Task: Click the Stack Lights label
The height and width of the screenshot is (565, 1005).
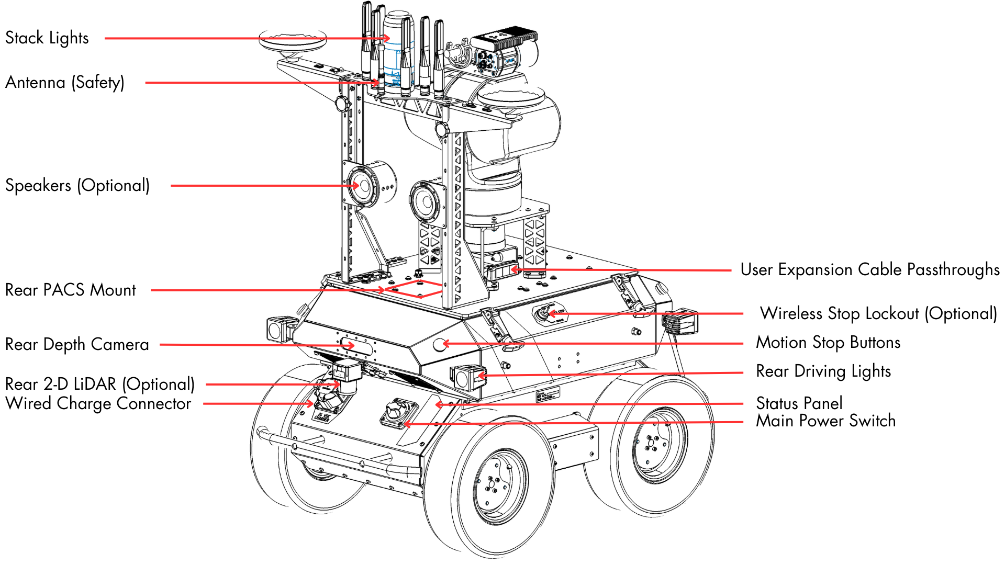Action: pos(47,38)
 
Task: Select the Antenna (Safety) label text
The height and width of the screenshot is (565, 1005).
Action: pos(65,83)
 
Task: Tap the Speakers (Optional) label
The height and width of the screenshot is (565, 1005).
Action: pos(77,186)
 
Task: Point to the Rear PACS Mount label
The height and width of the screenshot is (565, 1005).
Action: pos(71,290)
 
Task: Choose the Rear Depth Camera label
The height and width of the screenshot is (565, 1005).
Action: pos(77,344)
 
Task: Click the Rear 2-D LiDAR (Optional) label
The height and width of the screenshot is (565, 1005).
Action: pos(100,384)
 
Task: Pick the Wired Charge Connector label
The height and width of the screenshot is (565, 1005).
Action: pos(98,403)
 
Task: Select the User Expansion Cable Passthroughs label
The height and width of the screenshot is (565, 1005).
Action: pos(870,269)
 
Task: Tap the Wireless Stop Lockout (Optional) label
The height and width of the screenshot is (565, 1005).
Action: pos(879,313)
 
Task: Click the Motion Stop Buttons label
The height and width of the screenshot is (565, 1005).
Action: pos(828,342)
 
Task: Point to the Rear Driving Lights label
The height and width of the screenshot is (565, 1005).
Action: pos(823,371)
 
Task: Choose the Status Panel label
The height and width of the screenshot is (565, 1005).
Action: pos(799,403)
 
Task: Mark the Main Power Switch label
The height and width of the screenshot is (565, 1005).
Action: pos(826,421)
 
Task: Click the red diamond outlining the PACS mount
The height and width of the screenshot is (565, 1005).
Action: pos(416,288)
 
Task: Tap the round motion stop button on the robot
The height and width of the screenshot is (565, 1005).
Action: pos(440,344)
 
